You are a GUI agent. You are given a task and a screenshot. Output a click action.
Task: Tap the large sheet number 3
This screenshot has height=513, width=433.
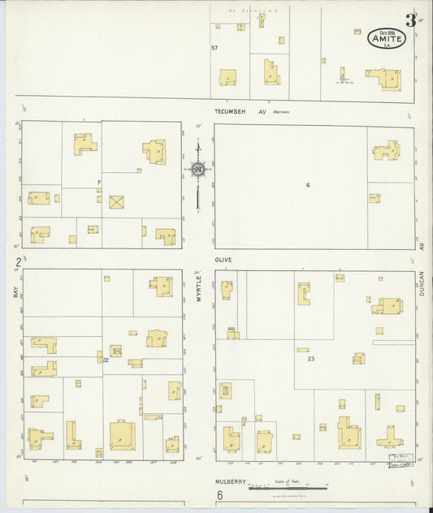(x=411, y=20)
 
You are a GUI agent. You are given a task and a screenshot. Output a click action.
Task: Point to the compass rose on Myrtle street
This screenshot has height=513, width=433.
(x=197, y=170)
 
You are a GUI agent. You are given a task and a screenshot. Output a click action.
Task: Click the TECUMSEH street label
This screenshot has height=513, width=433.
(x=228, y=112)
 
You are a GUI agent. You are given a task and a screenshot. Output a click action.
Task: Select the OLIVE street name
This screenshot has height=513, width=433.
(x=223, y=260)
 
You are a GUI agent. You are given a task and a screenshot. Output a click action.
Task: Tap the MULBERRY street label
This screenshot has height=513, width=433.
(x=230, y=481)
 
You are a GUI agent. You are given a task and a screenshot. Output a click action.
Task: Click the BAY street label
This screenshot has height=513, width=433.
(x=15, y=290)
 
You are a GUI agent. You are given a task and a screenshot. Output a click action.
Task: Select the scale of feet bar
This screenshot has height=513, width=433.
(x=288, y=488)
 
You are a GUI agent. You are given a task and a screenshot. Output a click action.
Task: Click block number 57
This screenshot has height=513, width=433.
(x=214, y=48)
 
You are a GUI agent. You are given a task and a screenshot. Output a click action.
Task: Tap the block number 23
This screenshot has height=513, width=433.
(x=310, y=358)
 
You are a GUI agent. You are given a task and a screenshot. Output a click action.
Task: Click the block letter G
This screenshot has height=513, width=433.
(x=308, y=185)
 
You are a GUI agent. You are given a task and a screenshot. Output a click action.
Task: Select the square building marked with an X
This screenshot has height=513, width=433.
(x=117, y=201)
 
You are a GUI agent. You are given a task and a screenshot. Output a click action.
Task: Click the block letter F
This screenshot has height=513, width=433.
(x=99, y=181)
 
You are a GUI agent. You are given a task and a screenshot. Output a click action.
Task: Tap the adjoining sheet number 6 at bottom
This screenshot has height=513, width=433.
(x=219, y=494)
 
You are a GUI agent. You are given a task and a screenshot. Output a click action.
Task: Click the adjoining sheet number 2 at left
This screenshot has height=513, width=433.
(x=17, y=261)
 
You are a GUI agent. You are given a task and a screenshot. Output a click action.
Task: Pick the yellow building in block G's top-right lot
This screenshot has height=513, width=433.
(x=386, y=151)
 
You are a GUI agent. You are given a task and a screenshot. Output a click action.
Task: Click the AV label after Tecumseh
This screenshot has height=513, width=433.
(x=262, y=112)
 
